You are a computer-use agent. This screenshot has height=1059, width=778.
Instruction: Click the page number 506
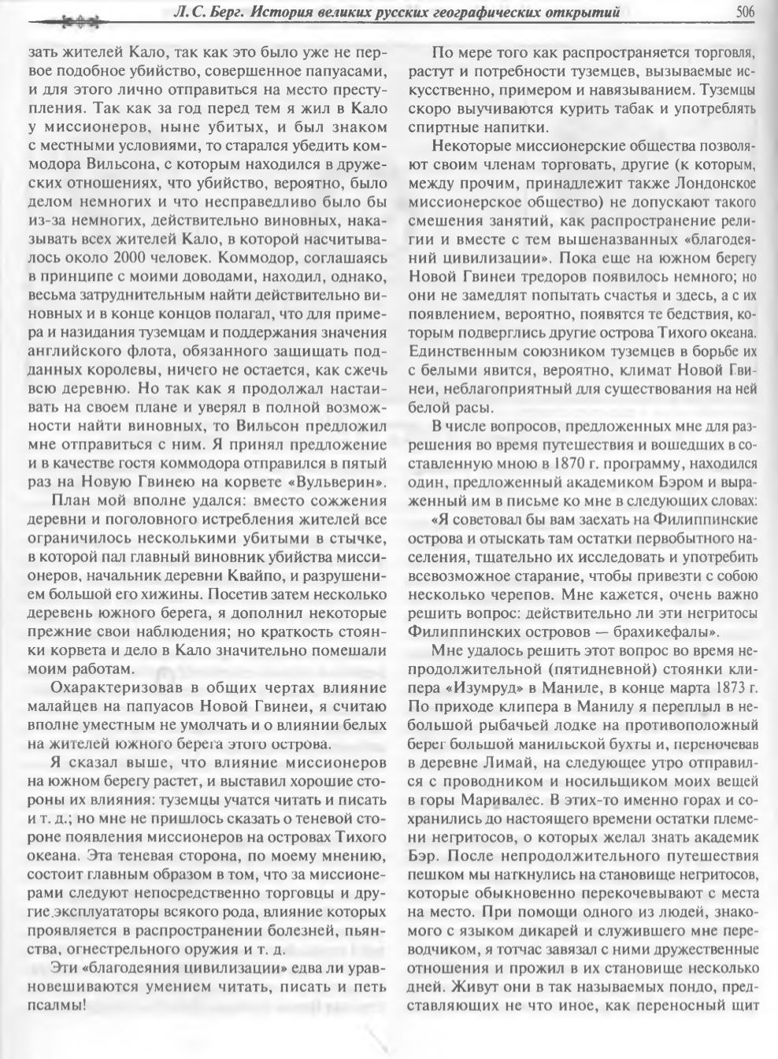tap(745, 11)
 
